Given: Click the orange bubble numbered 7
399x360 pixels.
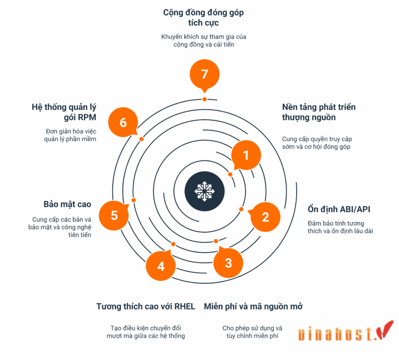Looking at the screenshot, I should [x=204, y=73].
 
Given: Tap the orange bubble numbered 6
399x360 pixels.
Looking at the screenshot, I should [x=123, y=122].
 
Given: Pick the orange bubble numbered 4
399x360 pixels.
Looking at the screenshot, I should [x=161, y=266].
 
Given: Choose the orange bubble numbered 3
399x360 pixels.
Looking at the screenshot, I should [x=228, y=262].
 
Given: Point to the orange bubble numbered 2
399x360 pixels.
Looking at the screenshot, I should [x=265, y=217].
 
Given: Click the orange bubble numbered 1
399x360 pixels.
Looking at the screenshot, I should [x=246, y=155].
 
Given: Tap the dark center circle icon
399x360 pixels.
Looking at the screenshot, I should [x=204, y=191].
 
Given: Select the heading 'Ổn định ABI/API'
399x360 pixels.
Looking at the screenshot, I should [x=339, y=209].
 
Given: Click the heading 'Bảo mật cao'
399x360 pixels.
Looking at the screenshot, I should [x=68, y=204].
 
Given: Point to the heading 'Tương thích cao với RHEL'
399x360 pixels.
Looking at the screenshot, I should [x=146, y=306].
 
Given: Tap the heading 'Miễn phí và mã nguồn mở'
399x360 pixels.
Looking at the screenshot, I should [x=253, y=306].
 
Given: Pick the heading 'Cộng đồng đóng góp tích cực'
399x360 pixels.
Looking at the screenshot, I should [x=203, y=18].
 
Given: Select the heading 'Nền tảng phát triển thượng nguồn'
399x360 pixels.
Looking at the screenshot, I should [x=319, y=112].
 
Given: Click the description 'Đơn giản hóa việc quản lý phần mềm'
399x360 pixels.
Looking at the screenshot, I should [x=71, y=135].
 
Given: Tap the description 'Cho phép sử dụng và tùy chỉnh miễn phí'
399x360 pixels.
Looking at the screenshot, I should [x=253, y=332].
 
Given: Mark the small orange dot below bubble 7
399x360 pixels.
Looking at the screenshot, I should [x=204, y=99].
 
